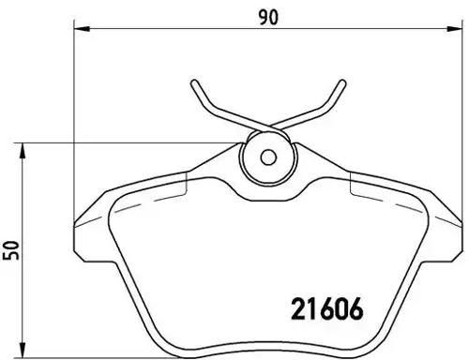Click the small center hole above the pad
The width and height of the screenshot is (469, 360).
click(266, 157)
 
